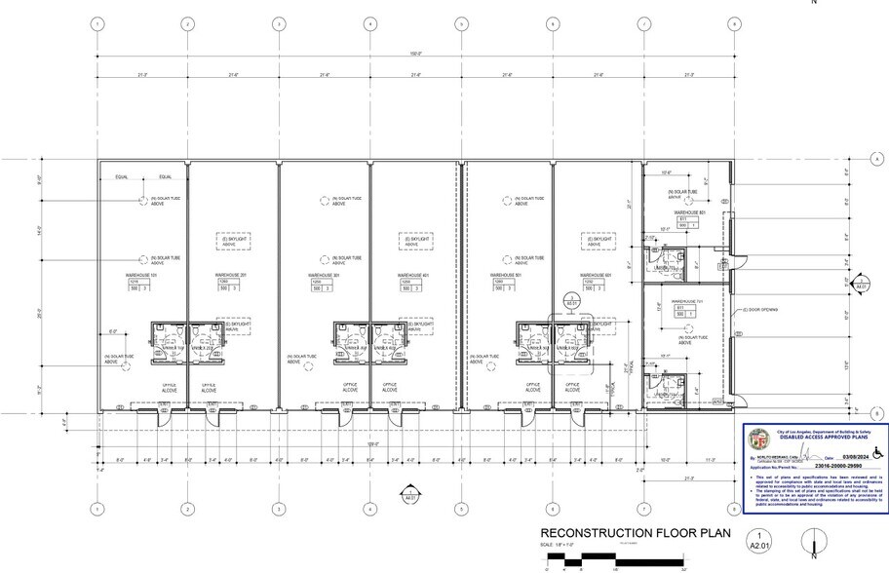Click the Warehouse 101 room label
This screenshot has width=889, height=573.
coord(141,276)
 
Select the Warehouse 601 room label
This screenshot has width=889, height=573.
coord(595,276)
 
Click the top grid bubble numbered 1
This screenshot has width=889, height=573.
coord(97,23)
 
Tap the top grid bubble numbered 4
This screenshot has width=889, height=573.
coord(370,23)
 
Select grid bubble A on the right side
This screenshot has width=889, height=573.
coord(876,159)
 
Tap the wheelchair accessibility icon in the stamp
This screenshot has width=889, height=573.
coord(875,451)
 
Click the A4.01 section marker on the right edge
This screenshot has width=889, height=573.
coord(861,286)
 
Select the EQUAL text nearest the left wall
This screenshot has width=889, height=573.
coord(122,177)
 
